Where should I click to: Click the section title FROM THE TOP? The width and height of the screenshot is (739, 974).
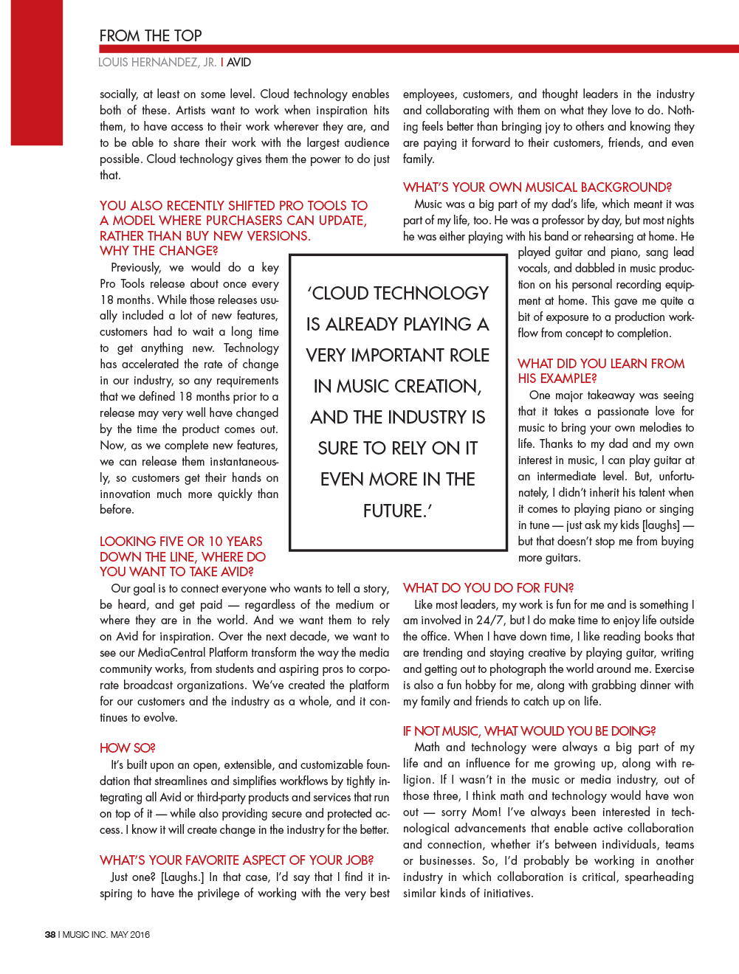point(151,36)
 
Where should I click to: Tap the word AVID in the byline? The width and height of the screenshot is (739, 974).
point(238,63)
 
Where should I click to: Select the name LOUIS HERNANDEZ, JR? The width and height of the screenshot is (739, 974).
point(157,63)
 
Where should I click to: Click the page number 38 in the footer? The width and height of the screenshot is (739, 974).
point(50,934)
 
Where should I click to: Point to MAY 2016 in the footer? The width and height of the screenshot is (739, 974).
point(130,934)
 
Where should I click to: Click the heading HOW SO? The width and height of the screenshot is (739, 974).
point(128,748)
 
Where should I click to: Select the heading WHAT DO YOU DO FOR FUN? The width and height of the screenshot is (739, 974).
point(488,588)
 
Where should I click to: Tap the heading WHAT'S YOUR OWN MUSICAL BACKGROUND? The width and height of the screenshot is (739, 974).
point(537,187)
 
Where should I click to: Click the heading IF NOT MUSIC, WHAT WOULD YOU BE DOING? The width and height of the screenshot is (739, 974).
point(529,731)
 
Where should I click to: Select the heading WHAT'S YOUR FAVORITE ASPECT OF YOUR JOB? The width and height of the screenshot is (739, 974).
point(236,860)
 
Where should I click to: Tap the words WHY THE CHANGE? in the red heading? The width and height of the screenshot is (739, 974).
point(159,251)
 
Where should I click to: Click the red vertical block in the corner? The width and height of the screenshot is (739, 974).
point(37,72)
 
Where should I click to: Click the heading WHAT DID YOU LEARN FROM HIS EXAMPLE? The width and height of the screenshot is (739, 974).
point(601,371)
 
